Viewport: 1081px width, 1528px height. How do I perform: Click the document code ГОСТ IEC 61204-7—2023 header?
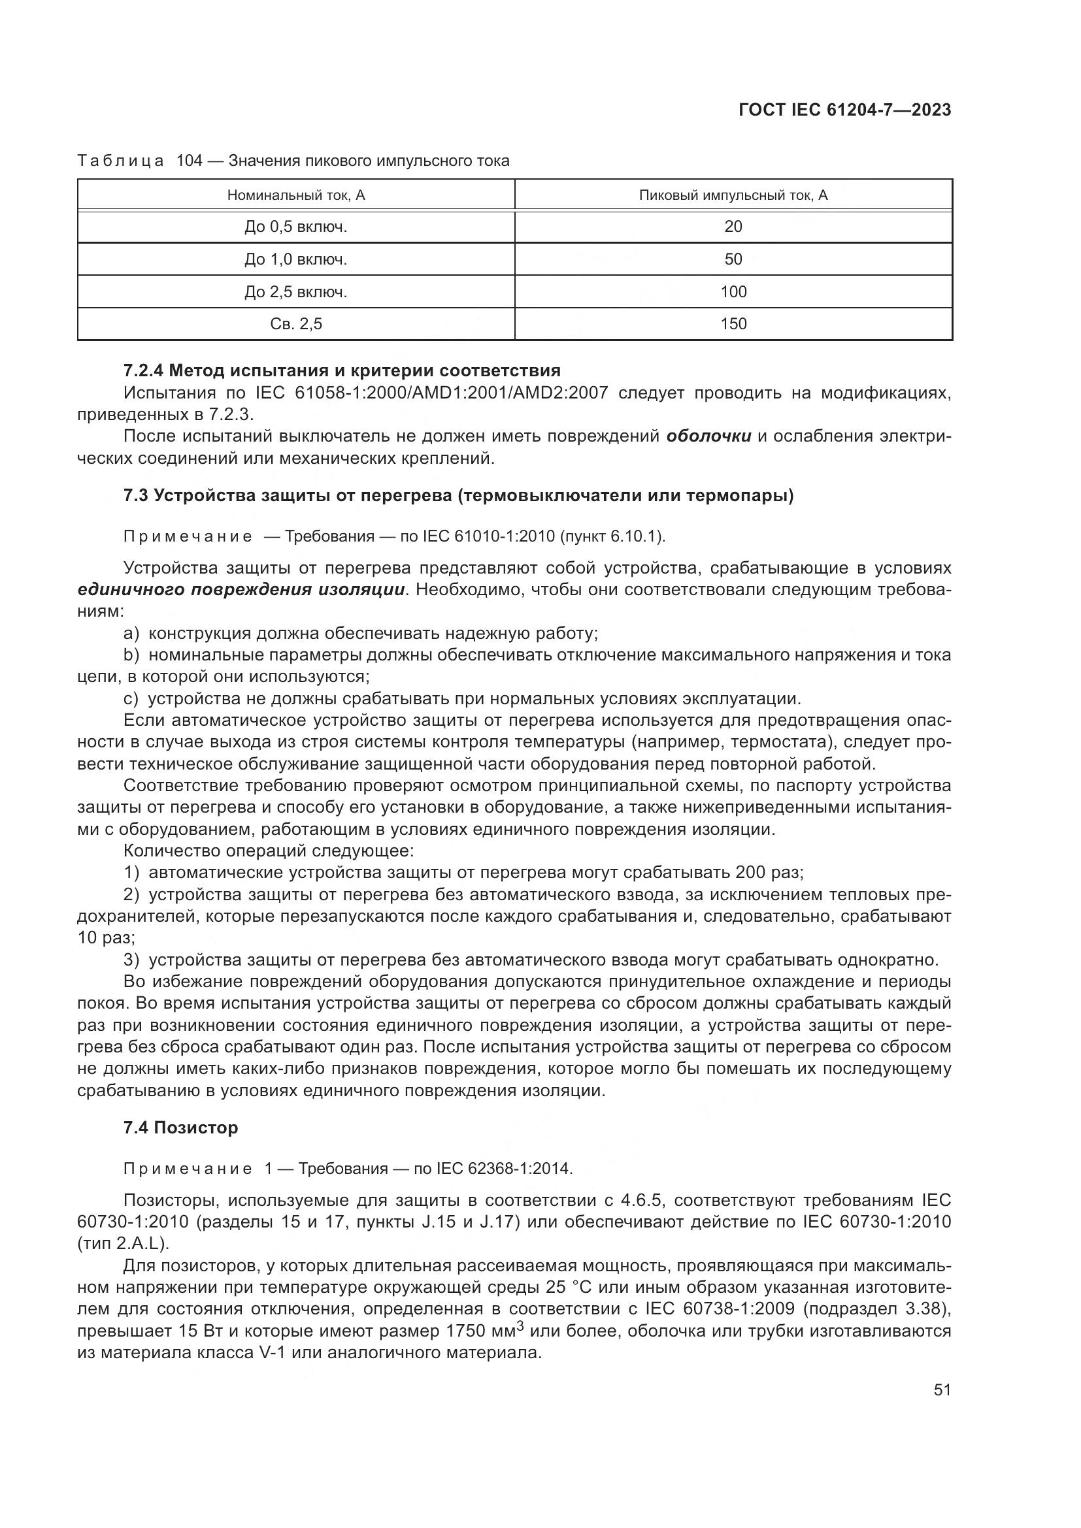[x=844, y=110]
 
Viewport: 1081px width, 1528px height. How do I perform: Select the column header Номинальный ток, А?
[x=296, y=195]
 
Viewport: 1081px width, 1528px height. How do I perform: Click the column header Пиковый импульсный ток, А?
[x=733, y=195]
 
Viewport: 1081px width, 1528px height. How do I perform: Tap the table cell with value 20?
[x=733, y=227]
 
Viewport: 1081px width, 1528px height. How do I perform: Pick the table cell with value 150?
[x=733, y=324]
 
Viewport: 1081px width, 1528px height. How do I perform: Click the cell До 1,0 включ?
[x=296, y=259]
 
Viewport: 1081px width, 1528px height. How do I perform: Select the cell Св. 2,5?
[x=296, y=324]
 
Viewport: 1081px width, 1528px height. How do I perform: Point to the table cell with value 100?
[x=733, y=291]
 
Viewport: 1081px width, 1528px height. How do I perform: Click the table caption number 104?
[x=189, y=161]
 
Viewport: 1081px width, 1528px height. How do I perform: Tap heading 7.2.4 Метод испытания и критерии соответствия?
[x=342, y=370]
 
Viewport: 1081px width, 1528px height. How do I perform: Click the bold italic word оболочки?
[x=709, y=436]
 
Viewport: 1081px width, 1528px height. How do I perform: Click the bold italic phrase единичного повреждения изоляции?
[x=242, y=591]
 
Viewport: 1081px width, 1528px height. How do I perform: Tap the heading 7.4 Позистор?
[x=180, y=1128]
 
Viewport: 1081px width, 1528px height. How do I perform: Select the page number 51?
[x=942, y=1390]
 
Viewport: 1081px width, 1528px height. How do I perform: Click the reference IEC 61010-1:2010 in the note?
[x=490, y=536]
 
